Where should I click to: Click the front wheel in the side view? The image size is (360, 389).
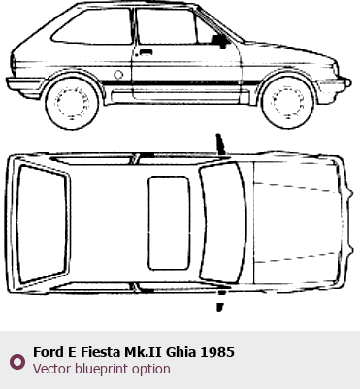click(287, 103)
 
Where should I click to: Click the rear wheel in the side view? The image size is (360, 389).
click(72, 103)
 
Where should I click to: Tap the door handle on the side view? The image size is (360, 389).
click(146, 52)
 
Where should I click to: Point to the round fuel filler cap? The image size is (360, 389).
click(118, 75)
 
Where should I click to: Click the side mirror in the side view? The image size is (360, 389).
click(220, 41)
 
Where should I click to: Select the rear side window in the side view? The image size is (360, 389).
click(92, 26)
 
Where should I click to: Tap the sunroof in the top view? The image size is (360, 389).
click(169, 223)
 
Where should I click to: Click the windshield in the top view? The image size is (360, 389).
click(223, 223)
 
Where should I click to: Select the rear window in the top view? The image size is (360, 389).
click(42, 224)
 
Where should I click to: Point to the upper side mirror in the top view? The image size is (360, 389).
click(220, 145)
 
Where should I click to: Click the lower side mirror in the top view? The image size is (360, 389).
click(220, 301)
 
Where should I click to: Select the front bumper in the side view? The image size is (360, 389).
click(333, 85)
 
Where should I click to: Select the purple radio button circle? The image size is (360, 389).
click(17, 362)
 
